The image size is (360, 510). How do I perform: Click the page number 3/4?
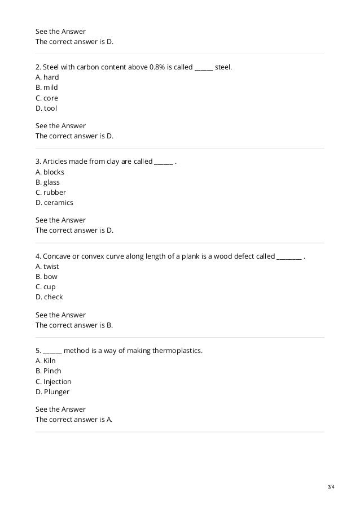[331, 487]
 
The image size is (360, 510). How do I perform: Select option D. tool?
[46, 108]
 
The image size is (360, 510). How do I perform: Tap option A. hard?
[47, 77]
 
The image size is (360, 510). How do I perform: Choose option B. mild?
[46, 88]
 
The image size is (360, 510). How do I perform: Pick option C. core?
[46, 98]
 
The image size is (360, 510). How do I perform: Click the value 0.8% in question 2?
[157, 67]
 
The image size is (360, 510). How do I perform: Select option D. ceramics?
[54, 203]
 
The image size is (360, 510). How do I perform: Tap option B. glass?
[47, 182]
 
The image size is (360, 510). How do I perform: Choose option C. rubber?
[51, 193]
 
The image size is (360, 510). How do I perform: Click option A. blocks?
[50, 172]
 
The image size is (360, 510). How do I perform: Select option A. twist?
[47, 267]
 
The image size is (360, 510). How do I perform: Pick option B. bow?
[46, 277]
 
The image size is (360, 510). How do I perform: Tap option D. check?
[49, 297]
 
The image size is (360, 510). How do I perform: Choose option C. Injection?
[53, 382]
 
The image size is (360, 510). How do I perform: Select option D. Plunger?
[52, 392]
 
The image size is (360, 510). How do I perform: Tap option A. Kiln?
[46, 361]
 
